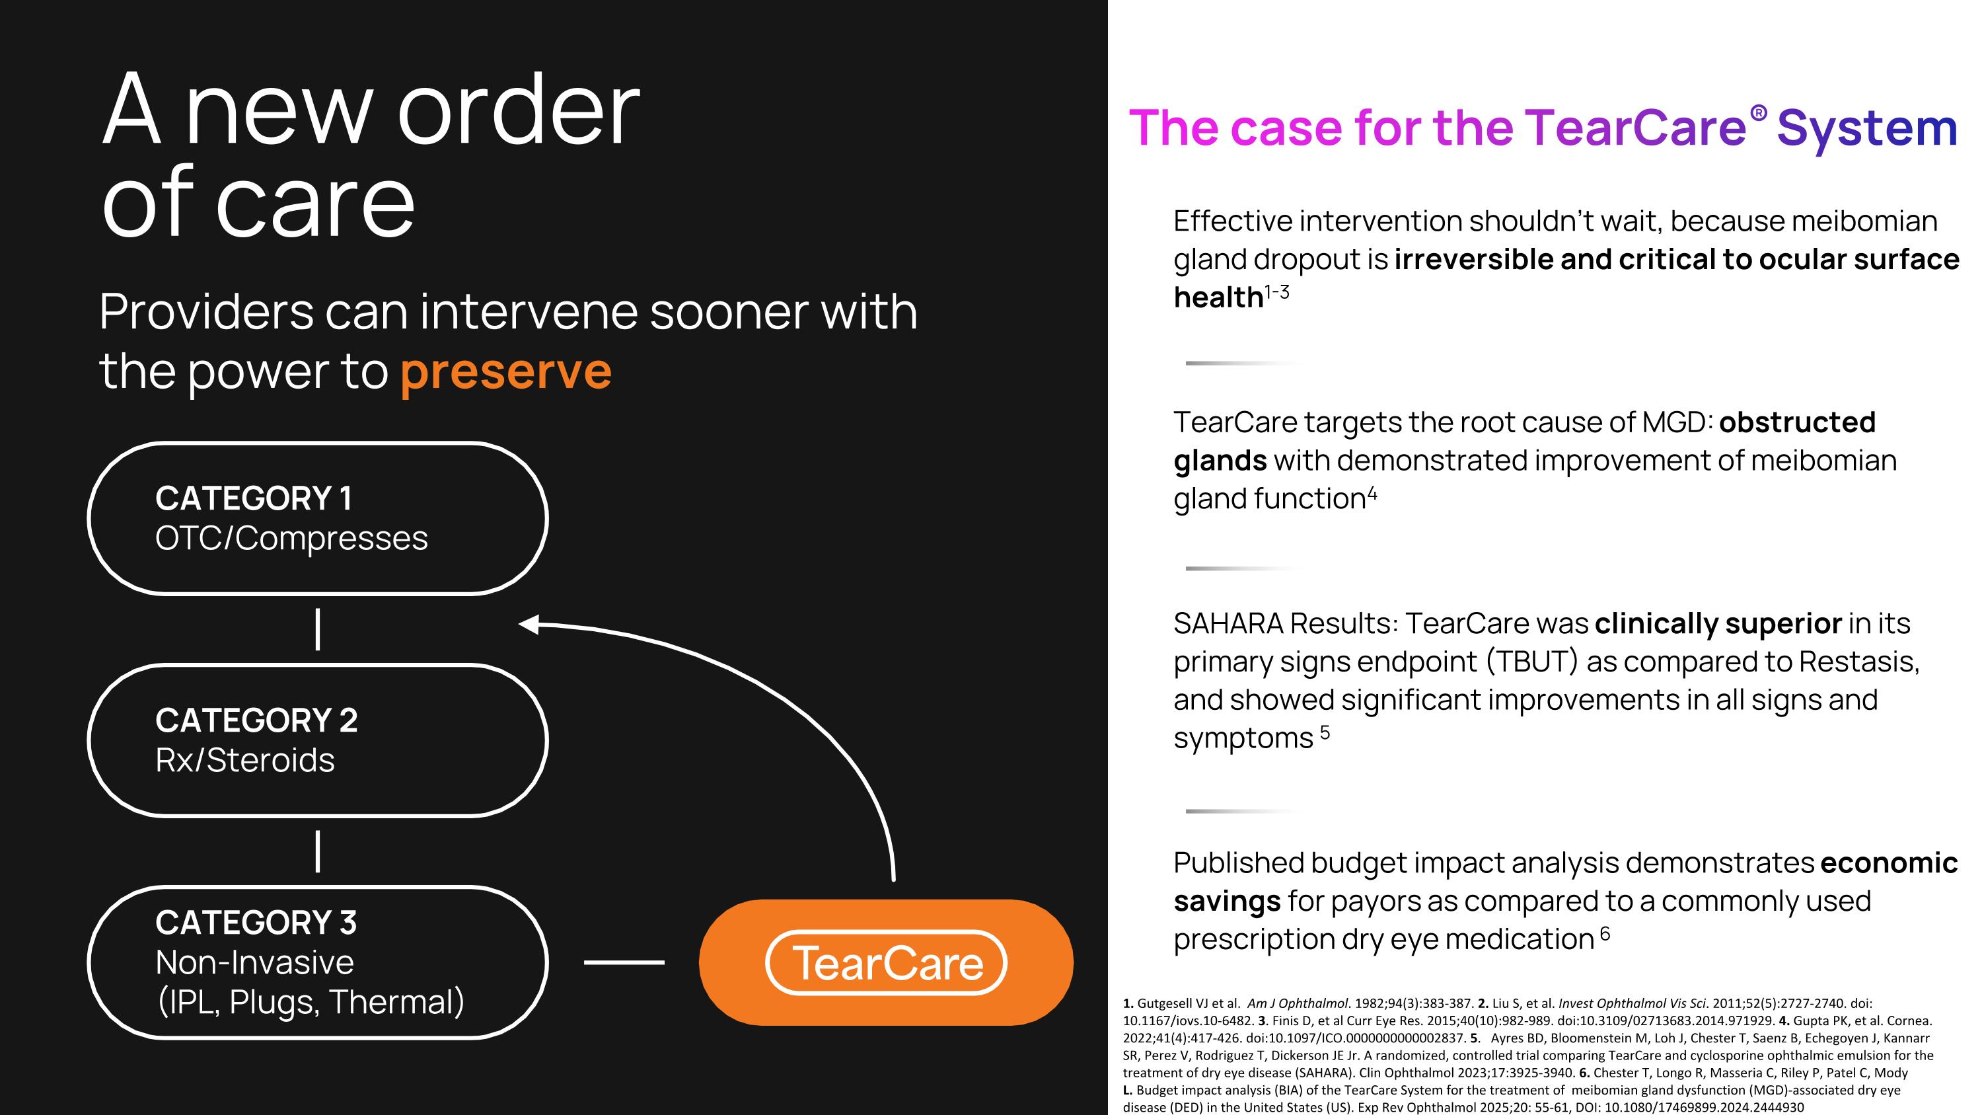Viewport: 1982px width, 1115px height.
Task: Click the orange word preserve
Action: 505,372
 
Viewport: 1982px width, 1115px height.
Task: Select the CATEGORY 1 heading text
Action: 253,498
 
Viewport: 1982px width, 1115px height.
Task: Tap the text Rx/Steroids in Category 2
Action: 244,760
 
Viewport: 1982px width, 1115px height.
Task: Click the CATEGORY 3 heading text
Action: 256,923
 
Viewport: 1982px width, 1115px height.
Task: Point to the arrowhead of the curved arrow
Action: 529,624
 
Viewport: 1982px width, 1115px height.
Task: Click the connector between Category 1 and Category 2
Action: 318,629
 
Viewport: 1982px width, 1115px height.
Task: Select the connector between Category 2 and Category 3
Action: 318,852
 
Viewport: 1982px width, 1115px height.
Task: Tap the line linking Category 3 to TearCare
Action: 623,962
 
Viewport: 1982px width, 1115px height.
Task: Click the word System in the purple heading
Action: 1866,128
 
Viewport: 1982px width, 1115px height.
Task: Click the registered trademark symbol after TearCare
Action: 1758,114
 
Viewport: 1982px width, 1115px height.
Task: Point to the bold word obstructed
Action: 1796,422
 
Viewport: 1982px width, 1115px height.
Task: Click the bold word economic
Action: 1888,863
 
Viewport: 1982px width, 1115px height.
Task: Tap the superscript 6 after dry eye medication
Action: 1605,933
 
